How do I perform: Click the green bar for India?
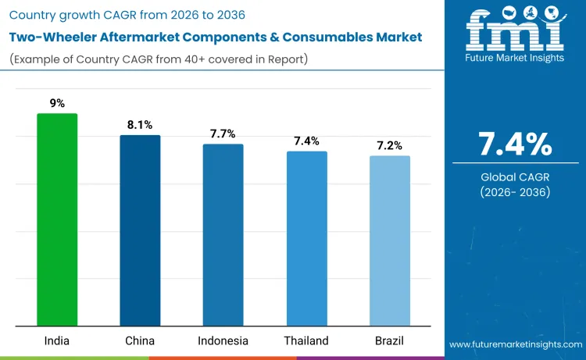tap(57, 219)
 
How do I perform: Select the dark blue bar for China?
tap(140, 230)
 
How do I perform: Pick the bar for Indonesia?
tap(223, 234)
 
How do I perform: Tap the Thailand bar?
tap(306, 238)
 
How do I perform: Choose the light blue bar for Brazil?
tap(389, 241)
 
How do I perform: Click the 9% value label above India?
tap(57, 102)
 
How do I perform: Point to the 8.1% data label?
tap(140, 124)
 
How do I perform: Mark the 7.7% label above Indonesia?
tap(223, 133)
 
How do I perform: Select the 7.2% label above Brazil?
tap(389, 144)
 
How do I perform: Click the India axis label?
tap(57, 340)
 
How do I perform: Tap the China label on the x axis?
tap(140, 340)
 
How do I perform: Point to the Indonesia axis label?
tap(223, 340)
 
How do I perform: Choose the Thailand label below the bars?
tap(306, 340)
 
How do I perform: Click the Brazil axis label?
tap(389, 340)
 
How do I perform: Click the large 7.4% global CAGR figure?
tap(515, 144)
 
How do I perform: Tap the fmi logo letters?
tap(515, 31)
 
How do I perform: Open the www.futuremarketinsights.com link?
tap(516, 344)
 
